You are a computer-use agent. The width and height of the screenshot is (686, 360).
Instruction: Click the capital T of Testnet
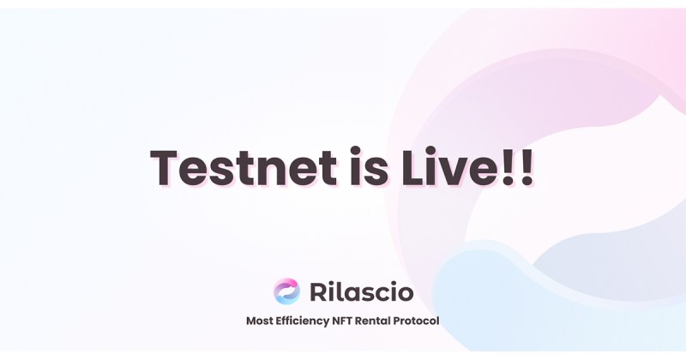[x=164, y=166]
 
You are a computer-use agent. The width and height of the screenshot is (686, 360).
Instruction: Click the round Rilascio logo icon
[x=286, y=291]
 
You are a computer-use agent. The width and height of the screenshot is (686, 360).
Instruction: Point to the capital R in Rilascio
[x=318, y=292]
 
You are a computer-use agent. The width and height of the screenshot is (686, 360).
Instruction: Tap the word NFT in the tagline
[x=351, y=322]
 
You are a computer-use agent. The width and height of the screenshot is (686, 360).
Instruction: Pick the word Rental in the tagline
[x=382, y=322]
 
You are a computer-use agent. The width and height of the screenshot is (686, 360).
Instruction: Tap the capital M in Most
[x=251, y=322]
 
